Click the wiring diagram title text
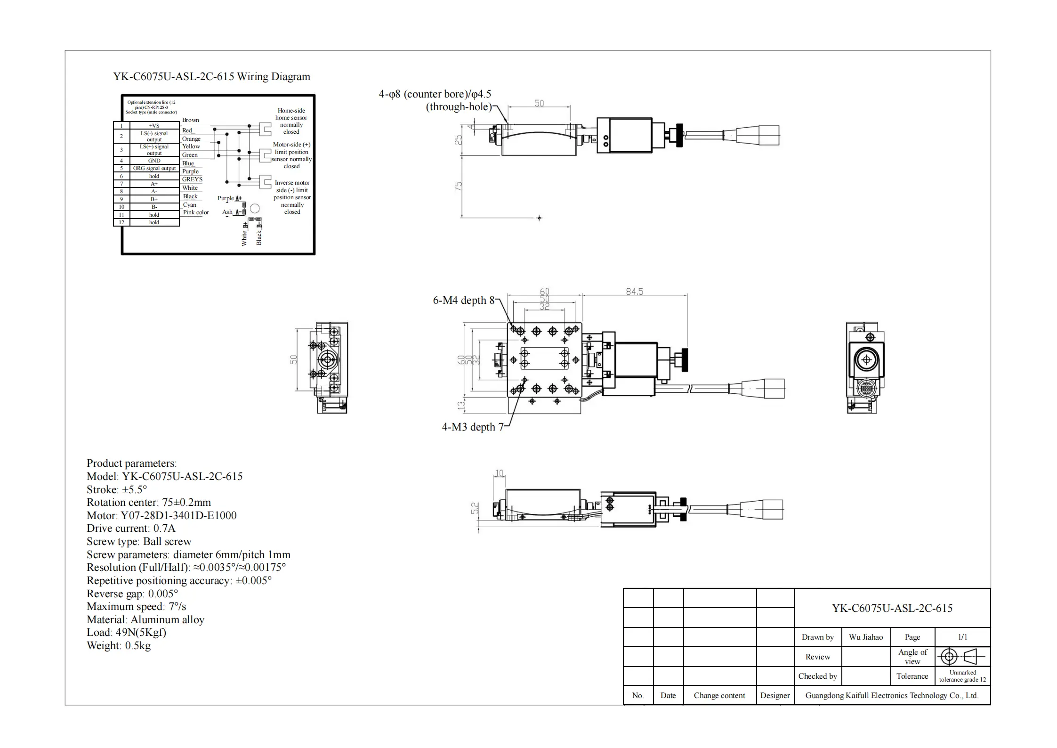click(x=211, y=77)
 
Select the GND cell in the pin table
click(x=154, y=161)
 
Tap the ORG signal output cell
click(x=154, y=168)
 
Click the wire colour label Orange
click(x=191, y=139)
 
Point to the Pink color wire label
click(x=196, y=212)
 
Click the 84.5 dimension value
click(x=634, y=292)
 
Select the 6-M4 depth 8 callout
click(x=463, y=301)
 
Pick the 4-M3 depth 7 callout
click(x=472, y=427)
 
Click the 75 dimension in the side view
click(x=458, y=186)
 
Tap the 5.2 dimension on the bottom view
click(x=475, y=508)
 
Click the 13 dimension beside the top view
click(x=461, y=404)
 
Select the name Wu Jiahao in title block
click(x=865, y=637)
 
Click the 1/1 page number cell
click(x=962, y=637)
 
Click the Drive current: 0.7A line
click(x=131, y=528)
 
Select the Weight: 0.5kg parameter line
click(x=119, y=646)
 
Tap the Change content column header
click(x=719, y=696)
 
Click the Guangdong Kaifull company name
click(x=892, y=696)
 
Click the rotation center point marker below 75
click(x=539, y=218)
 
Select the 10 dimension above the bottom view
click(x=499, y=473)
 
